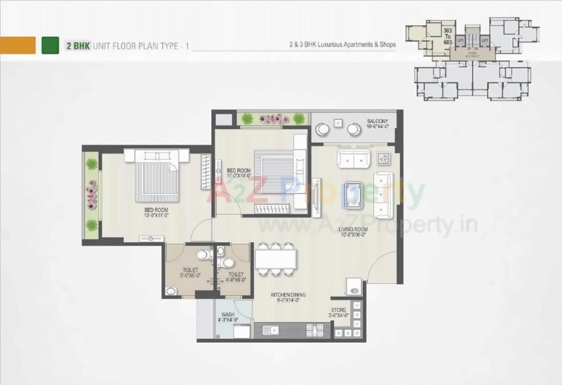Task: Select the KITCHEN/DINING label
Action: point(288,295)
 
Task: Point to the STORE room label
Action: point(339,310)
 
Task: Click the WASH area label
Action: point(227,314)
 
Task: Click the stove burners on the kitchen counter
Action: point(314,330)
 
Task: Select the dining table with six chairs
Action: point(275,259)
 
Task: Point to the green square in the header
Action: point(50,45)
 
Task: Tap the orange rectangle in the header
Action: point(18,45)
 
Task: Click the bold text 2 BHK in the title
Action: point(78,45)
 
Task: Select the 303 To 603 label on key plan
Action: point(447,36)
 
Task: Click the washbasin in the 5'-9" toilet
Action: point(170,291)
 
